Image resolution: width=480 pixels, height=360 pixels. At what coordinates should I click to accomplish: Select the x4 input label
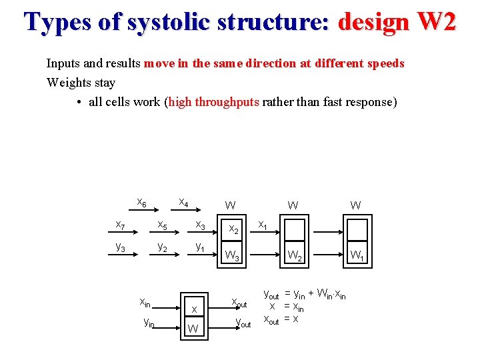tap(183, 202)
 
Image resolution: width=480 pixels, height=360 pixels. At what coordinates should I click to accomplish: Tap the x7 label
tap(121, 224)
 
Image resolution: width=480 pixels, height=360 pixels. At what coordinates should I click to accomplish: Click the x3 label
tap(199, 224)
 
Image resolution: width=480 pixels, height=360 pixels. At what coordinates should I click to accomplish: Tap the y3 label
tap(121, 246)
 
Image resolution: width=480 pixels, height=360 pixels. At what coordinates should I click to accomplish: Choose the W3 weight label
tap(233, 255)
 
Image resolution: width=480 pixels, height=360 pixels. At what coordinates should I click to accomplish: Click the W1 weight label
tap(357, 254)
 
